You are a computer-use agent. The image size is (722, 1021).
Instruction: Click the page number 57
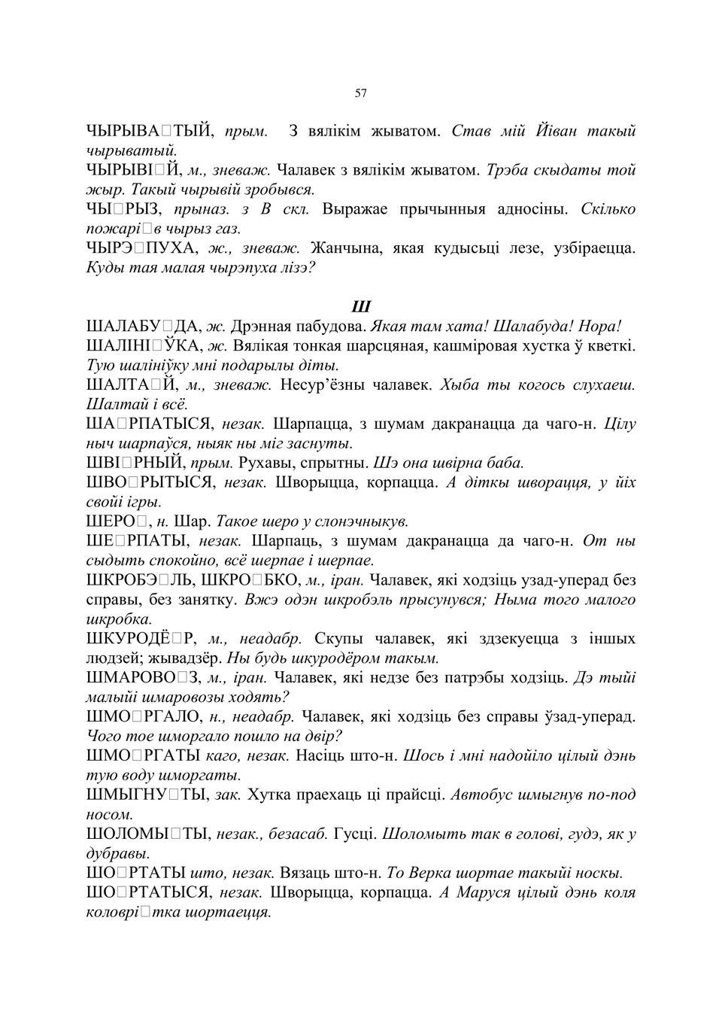(360, 93)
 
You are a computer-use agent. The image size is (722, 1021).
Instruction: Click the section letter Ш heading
(361, 307)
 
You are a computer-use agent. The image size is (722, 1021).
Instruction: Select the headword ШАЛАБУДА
(143, 327)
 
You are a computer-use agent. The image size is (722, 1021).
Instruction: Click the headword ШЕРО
(119, 521)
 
